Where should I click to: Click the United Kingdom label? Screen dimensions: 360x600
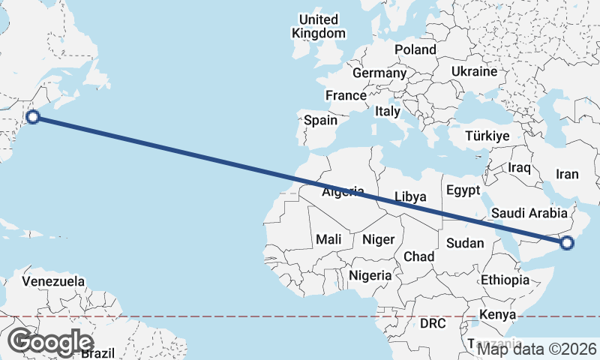[x=319, y=26]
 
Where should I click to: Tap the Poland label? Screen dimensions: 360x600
[x=415, y=49]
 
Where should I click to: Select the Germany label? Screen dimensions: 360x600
[x=379, y=73]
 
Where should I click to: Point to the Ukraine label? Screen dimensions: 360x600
[x=474, y=71]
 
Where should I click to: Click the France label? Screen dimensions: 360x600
[x=346, y=96]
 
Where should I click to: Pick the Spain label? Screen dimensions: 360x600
[x=320, y=120]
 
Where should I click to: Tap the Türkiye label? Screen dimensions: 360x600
[x=487, y=136]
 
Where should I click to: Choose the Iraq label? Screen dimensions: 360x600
[x=520, y=166]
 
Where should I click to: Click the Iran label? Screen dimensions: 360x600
[x=567, y=174]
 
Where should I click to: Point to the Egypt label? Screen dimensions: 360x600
[x=462, y=190]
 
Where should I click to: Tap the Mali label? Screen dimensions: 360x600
[x=328, y=240]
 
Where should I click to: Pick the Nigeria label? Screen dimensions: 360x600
[x=370, y=275]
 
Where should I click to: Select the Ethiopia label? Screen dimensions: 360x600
[x=505, y=280]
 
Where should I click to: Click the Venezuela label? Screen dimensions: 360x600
[x=53, y=282]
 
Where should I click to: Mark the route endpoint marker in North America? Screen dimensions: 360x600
[x=32, y=116]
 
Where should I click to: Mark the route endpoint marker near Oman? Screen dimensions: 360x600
[x=567, y=241]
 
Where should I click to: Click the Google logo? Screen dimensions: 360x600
[x=51, y=342]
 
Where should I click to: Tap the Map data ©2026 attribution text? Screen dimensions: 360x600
[x=537, y=349]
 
